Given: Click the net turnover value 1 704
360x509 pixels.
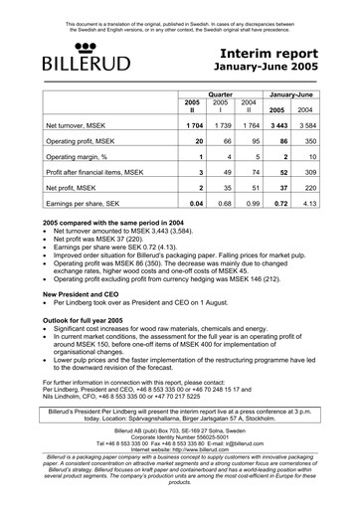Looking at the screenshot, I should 192,128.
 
